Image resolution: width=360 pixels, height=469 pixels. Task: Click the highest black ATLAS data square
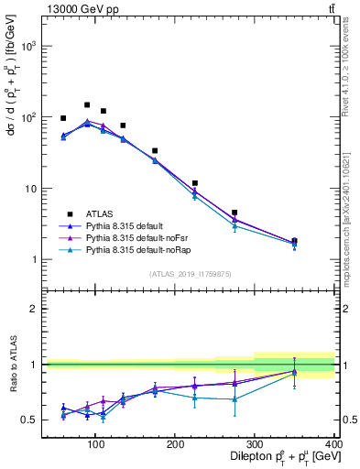coord(87,105)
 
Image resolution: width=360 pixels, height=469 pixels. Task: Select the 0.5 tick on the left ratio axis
coord(28,420)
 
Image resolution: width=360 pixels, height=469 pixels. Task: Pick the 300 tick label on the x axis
coord(254,443)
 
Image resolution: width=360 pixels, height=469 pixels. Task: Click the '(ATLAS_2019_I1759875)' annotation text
coord(191,274)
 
